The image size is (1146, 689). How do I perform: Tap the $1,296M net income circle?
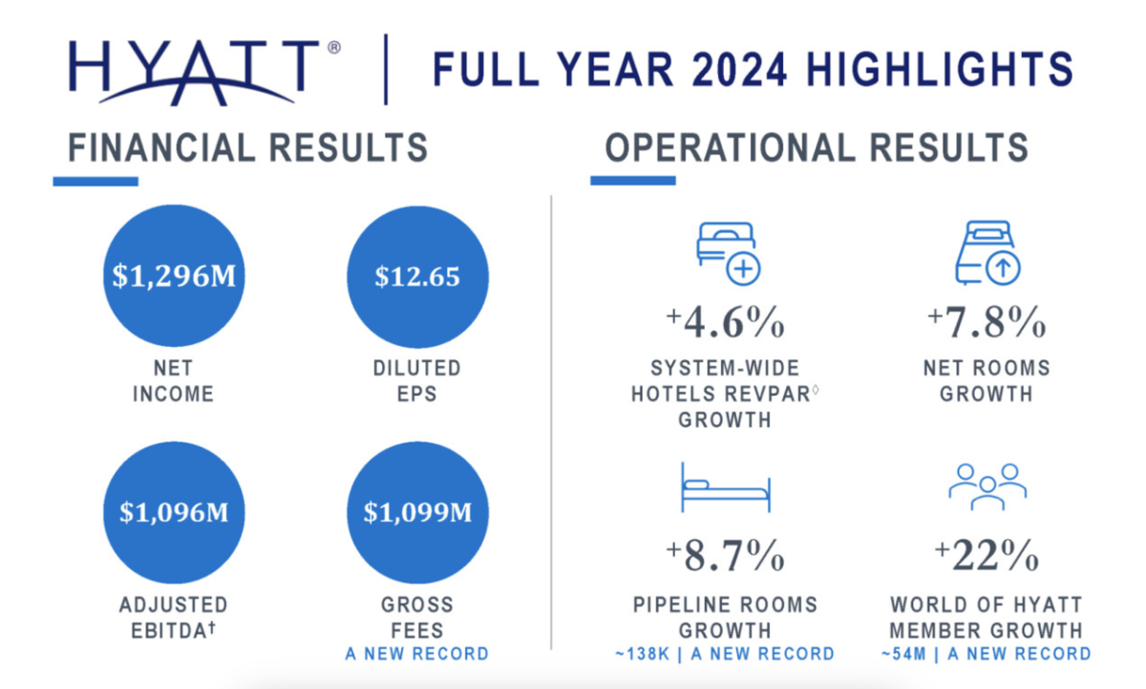(173, 276)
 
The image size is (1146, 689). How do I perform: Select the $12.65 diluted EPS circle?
(417, 276)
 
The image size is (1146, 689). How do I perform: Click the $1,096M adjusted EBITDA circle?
(173, 512)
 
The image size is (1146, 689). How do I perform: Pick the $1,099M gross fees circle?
(417, 512)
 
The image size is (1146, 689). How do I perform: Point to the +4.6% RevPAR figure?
(725, 324)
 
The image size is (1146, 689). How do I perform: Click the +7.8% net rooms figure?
(987, 324)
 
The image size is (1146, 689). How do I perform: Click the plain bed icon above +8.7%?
(725, 487)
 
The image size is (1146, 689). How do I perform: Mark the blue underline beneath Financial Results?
(95, 181)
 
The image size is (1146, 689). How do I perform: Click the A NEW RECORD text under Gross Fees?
(416, 655)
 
